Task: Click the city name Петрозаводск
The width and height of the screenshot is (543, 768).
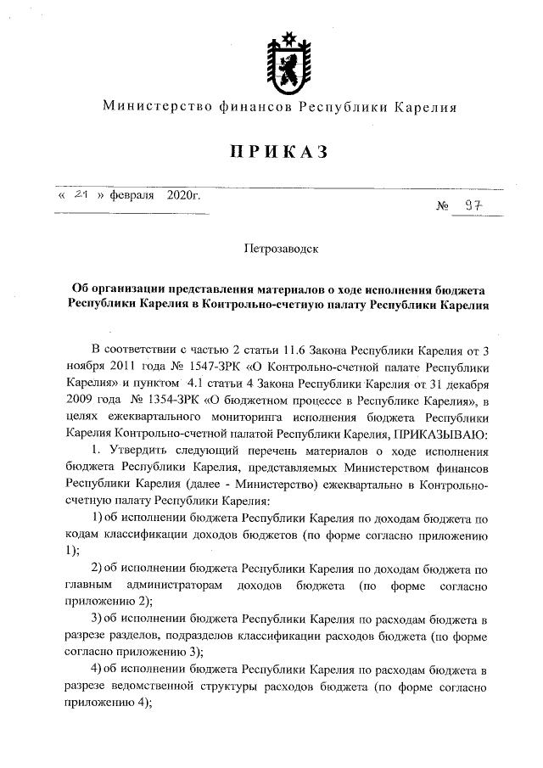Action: point(280,250)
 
